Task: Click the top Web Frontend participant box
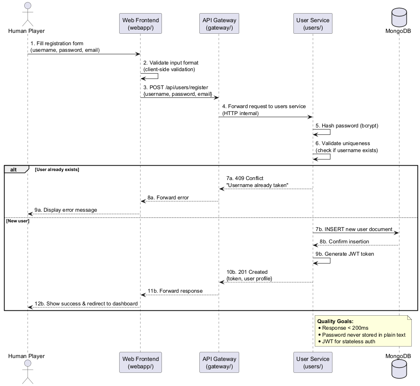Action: click(x=140, y=23)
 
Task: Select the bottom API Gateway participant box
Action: click(x=218, y=363)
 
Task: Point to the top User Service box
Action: click(x=313, y=23)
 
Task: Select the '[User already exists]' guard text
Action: click(x=57, y=169)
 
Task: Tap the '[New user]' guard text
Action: click(x=18, y=221)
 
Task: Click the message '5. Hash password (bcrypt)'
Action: click(x=346, y=126)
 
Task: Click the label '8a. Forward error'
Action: click(x=168, y=197)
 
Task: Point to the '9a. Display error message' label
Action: click(x=66, y=210)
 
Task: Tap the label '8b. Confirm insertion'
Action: click(x=344, y=241)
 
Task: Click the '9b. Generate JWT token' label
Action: click(x=344, y=254)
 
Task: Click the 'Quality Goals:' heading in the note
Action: click(x=335, y=321)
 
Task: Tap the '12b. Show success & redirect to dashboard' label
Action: click(x=86, y=303)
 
